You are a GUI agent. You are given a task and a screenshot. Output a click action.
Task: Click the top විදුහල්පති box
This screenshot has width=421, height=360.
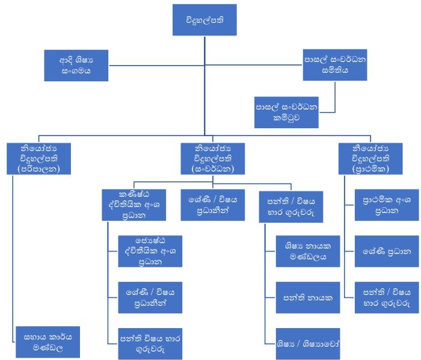coord(204,20)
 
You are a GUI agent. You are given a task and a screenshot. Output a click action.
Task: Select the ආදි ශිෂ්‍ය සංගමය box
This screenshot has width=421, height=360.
coord(76,65)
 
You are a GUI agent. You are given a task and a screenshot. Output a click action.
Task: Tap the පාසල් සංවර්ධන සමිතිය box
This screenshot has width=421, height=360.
coord(334,65)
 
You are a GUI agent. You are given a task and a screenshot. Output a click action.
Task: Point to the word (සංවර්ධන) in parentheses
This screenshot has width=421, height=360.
coord(205,169)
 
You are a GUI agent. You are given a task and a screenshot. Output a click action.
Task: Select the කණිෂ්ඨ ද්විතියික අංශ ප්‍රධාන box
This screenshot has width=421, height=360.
coord(133,204)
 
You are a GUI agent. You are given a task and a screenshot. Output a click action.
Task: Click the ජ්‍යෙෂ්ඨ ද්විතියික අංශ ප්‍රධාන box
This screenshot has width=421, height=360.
coord(150,250)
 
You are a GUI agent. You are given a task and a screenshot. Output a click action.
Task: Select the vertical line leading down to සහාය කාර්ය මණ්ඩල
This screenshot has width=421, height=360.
coord(13,253)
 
